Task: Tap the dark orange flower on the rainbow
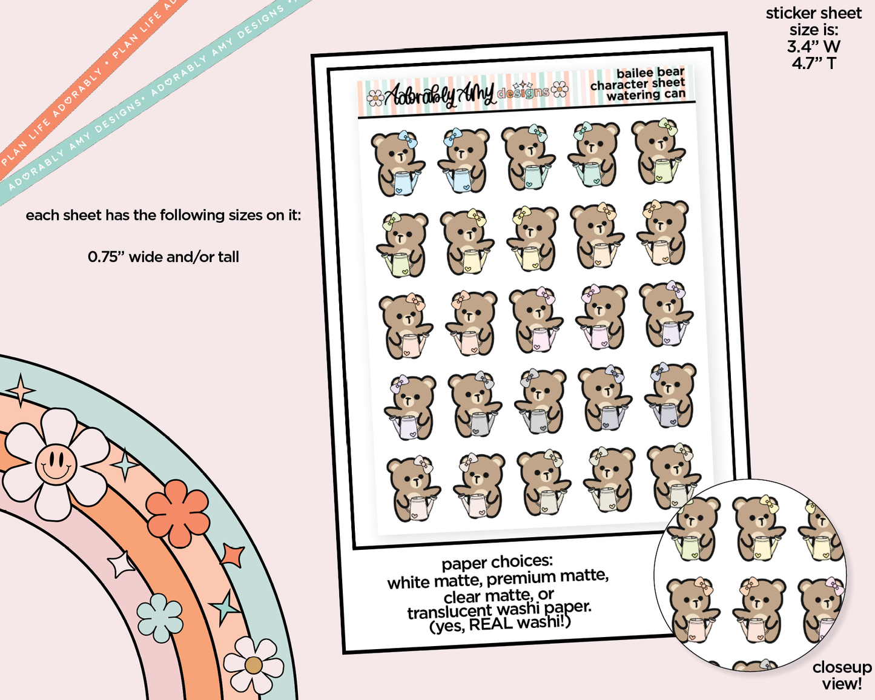pyautogui.click(x=177, y=513)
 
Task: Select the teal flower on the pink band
pyautogui.click(x=160, y=618)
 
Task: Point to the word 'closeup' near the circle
pyautogui.click(x=842, y=667)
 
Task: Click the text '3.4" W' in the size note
pyautogui.click(x=814, y=47)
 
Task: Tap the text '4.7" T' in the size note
pyautogui.click(x=814, y=64)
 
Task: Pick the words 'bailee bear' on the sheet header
pyautogui.click(x=650, y=73)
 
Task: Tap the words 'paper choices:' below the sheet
pyautogui.click(x=497, y=563)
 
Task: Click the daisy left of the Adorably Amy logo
pyautogui.click(x=375, y=97)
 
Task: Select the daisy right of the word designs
pyautogui.click(x=560, y=89)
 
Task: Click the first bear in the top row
pyautogui.click(x=397, y=163)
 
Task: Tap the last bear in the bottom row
pyautogui.click(x=674, y=478)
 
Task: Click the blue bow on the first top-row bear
pyautogui.click(x=407, y=139)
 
